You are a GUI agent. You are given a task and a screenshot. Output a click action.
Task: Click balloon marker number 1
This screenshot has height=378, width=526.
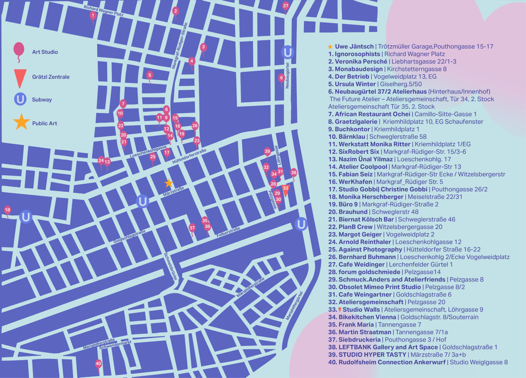[93, 16]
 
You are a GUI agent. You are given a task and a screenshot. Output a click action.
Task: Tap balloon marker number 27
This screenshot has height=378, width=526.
[286, 6]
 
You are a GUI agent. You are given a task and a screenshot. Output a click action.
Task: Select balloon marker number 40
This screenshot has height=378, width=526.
[98, 364]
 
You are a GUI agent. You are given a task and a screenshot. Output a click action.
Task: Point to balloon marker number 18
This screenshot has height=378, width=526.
[7, 210]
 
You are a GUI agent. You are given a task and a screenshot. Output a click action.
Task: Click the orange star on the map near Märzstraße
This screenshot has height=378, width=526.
[169, 183]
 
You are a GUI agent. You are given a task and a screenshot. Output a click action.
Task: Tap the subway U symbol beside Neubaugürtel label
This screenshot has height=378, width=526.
[287, 52]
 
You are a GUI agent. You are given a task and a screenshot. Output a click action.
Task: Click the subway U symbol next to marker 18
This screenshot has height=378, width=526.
[26, 217]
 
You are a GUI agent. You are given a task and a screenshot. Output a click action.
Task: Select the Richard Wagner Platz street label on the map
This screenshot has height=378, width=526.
[103, 11]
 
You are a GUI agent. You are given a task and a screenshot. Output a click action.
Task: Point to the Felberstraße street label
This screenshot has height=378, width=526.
[228, 232]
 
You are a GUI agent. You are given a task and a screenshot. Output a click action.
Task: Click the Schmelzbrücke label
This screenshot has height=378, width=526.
[171, 266]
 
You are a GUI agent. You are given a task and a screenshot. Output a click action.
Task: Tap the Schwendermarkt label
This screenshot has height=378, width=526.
[115, 345]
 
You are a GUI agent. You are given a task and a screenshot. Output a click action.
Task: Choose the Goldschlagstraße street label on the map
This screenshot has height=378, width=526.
[129, 236]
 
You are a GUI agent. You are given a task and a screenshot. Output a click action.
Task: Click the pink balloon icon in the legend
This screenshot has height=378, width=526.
[19, 49]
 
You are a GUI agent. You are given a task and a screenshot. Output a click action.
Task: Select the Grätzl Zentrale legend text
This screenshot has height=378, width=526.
[51, 77]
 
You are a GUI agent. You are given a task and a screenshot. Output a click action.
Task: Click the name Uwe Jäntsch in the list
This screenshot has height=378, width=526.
[354, 47]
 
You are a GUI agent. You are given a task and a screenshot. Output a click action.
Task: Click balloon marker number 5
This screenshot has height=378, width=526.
[150, 75]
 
